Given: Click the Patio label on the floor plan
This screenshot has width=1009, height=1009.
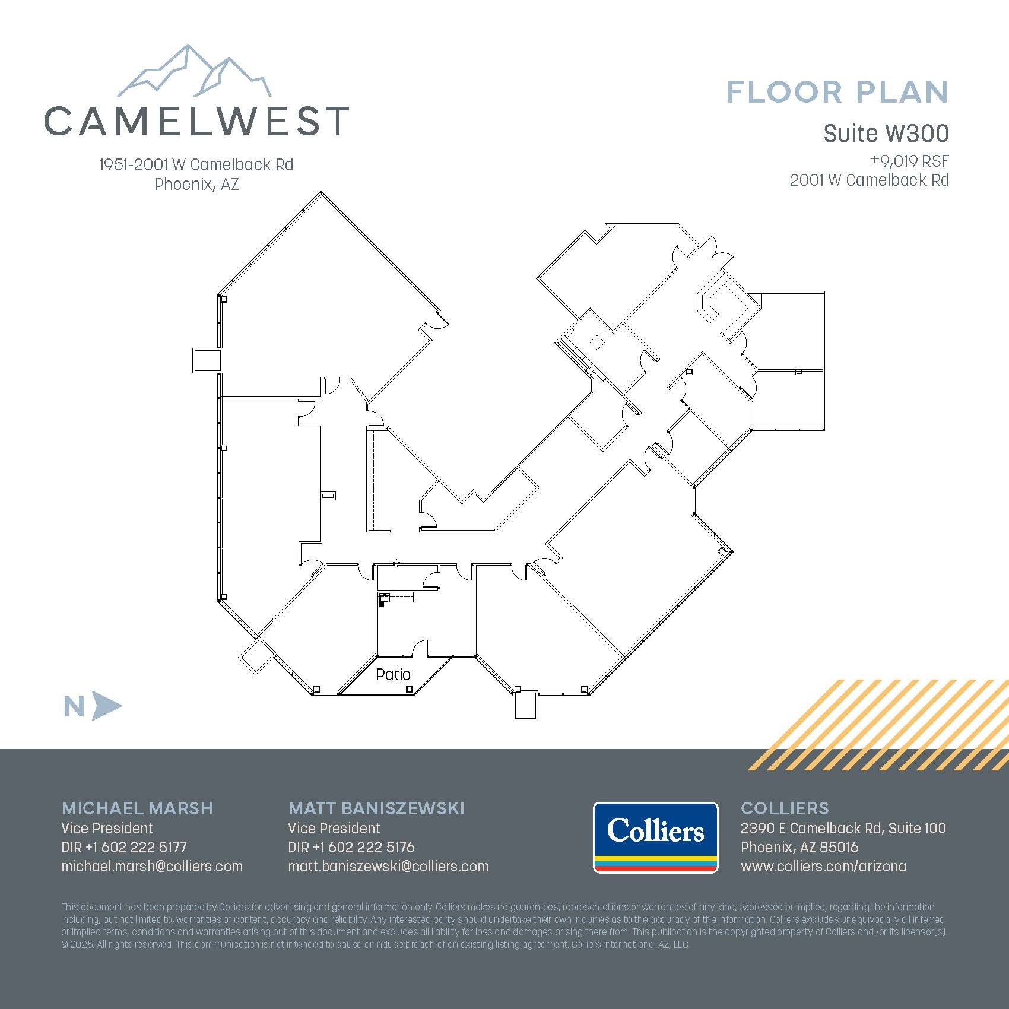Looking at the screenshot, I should (x=393, y=674).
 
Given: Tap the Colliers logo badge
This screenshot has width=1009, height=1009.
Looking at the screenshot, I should (x=655, y=837).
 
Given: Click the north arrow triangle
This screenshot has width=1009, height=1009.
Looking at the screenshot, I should (x=107, y=706).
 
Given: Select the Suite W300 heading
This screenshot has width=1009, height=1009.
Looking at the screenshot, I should (x=886, y=134).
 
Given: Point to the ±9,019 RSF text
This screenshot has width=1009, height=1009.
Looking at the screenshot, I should (x=909, y=161).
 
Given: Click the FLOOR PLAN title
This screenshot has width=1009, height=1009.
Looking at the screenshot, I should (x=837, y=93).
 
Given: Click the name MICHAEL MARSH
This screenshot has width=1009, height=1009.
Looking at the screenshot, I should (x=137, y=808).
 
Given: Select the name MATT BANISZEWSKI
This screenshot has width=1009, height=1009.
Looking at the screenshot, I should (x=376, y=808).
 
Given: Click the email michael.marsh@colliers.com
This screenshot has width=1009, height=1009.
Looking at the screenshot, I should (x=152, y=866).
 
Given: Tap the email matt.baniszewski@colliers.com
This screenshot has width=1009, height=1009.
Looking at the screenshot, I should (x=388, y=866).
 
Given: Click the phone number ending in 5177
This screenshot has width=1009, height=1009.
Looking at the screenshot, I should (x=124, y=847).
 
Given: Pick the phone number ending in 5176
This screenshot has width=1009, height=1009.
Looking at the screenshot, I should (x=351, y=847).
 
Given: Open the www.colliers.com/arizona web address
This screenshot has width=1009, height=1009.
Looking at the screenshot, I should (x=823, y=866).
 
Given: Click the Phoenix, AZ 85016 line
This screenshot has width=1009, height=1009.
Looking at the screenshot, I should (x=799, y=847).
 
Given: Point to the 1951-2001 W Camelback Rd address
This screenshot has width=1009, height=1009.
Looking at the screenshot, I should (x=196, y=164).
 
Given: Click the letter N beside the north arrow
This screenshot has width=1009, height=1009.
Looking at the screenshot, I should (x=74, y=707).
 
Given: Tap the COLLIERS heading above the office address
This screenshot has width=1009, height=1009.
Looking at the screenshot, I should (x=785, y=808).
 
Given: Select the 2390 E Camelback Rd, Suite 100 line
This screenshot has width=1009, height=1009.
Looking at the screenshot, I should (x=843, y=828).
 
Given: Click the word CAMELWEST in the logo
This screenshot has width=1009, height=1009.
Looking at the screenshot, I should (x=196, y=120).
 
